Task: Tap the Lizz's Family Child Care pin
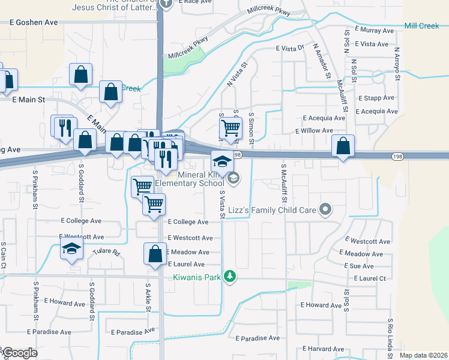325,209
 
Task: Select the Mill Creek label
422,26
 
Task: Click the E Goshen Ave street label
34,22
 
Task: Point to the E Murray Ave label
374,29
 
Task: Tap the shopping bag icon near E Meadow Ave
155,253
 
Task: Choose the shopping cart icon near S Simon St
230,128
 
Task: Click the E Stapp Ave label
376,97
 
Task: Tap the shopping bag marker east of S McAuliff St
342,145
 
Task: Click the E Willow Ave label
314,131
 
